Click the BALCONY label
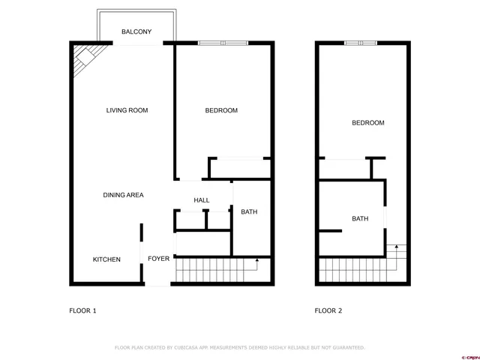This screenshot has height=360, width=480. tap(137, 31)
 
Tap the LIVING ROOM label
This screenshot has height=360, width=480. tap(127, 110)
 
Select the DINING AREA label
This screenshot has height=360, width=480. tap(123, 195)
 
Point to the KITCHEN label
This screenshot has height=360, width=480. tap(106, 259)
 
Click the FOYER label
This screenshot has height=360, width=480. tap(158, 259)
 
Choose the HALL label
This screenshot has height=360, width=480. tap(201, 200)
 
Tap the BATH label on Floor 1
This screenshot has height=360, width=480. tap(249, 211)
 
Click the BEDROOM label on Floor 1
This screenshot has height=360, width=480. tap(221, 110)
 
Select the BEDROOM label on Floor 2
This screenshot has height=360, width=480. tap(368, 123)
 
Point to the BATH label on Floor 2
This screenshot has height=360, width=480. tap(360, 219)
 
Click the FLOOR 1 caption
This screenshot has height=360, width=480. tap(83, 310)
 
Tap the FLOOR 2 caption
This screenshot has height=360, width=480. tap(328, 310)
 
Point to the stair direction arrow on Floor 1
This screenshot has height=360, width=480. tap(256, 261)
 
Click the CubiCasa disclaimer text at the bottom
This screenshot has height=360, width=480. tap(239, 348)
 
